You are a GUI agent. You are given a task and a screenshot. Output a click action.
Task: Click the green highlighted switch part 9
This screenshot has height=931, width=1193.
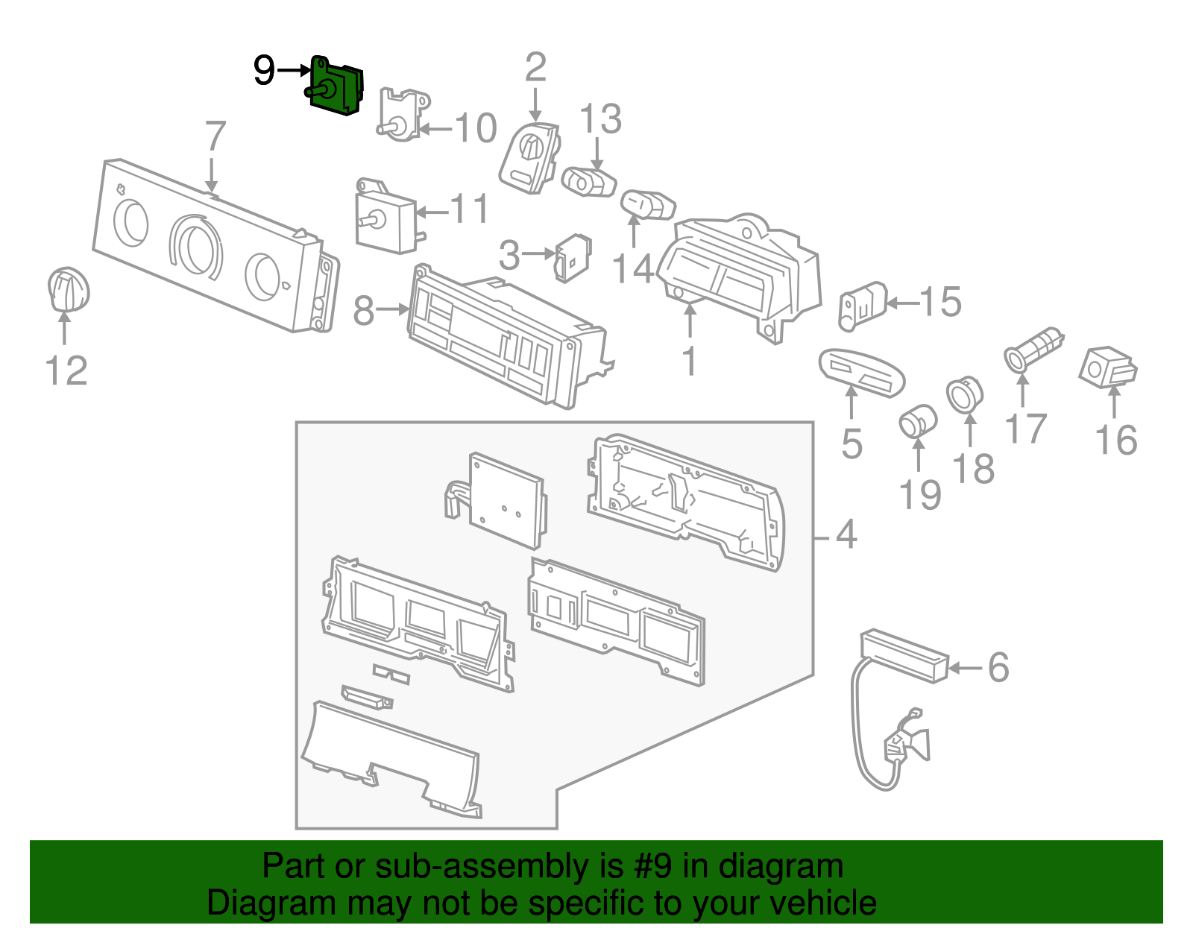[x=336, y=87]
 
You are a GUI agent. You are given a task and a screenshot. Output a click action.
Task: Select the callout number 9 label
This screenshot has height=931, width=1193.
[x=264, y=71]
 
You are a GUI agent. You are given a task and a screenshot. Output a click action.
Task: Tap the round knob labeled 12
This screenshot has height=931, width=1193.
[x=68, y=290]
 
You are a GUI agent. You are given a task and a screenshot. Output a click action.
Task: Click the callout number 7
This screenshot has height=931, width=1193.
[x=215, y=136]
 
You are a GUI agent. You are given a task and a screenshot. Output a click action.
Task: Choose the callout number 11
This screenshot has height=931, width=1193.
[x=470, y=209]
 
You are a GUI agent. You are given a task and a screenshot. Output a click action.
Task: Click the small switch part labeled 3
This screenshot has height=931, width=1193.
[x=573, y=257]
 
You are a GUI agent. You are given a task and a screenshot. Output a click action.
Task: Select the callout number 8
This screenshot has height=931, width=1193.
[x=363, y=310]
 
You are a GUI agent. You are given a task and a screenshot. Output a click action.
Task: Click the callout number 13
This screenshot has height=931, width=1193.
[x=600, y=119]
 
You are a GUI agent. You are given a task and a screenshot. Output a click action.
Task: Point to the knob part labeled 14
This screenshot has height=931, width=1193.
[x=647, y=204]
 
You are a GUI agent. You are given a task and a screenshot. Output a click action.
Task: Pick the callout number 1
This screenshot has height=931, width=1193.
[x=690, y=361]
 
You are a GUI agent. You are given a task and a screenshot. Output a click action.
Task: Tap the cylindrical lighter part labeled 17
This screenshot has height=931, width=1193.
[x=1033, y=350]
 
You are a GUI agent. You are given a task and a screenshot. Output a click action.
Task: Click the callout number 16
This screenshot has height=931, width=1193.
[x=1115, y=440]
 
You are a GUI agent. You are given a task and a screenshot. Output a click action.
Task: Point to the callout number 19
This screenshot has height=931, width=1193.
[x=920, y=494]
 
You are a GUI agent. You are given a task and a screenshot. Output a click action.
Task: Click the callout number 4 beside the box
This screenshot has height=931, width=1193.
[x=846, y=534]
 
